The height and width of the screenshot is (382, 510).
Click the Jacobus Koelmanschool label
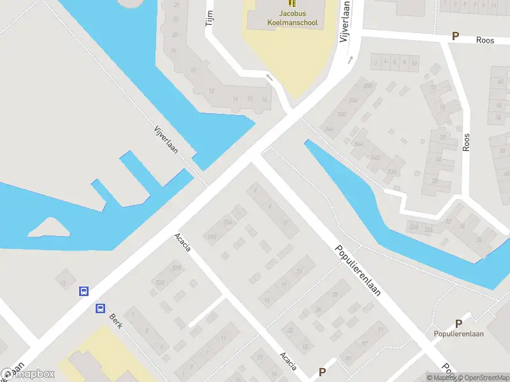292,18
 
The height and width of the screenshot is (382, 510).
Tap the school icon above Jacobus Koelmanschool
292,3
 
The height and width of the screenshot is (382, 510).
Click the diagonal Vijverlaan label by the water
166,139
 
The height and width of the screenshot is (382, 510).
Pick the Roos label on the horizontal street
485,39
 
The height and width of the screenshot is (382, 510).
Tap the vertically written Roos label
467,141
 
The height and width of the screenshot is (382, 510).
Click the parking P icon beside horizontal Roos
455,37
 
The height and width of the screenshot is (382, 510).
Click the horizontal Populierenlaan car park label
458,334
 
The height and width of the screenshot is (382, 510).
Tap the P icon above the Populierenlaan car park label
458,323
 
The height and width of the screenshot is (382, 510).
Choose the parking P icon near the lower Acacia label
323,372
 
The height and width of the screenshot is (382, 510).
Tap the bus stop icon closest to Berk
100,309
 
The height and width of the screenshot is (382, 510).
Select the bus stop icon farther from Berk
84,291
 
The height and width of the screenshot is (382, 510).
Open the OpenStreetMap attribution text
482,378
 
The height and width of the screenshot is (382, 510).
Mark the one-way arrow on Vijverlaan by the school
349,60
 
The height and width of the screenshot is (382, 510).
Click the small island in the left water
48,226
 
